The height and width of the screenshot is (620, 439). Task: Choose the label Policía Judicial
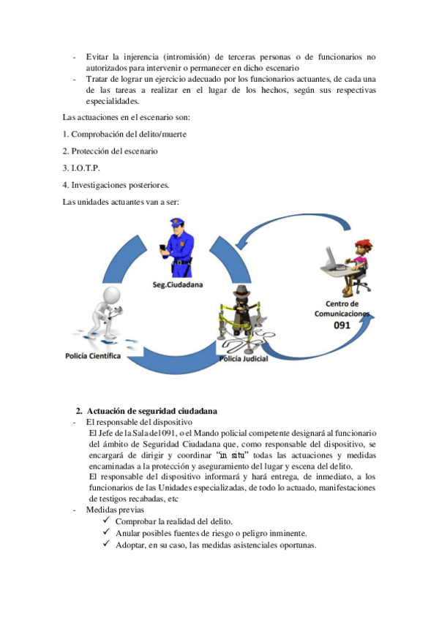point(244,360)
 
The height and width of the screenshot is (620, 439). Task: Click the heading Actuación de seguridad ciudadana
point(151,409)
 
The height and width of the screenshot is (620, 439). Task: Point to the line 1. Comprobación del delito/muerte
point(123,134)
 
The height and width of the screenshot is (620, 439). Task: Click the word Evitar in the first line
point(96,56)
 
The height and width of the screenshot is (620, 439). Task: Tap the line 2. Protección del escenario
point(110,151)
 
